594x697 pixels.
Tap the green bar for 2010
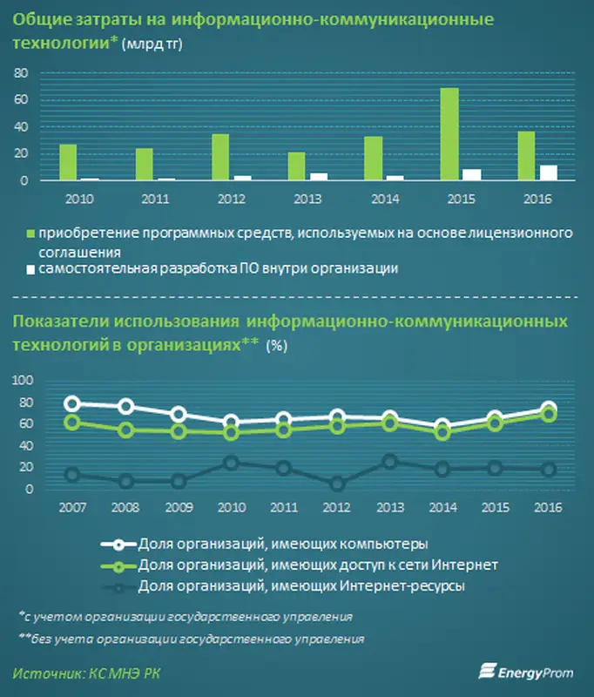[x=68, y=162]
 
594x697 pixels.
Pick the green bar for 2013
[x=296, y=166]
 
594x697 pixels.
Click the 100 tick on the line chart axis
[x=22, y=381]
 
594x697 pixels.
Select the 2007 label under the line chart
[x=72, y=506]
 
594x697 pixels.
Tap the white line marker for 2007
[x=72, y=403]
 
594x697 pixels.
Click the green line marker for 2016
[x=549, y=415]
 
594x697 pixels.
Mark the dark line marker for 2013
[x=390, y=462]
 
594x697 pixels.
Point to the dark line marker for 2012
[x=337, y=484]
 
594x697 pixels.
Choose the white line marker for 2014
[x=443, y=427]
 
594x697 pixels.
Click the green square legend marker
[x=31, y=234]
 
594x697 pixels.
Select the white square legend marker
[x=31, y=269]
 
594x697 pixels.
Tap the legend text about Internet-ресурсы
[x=300, y=586]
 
